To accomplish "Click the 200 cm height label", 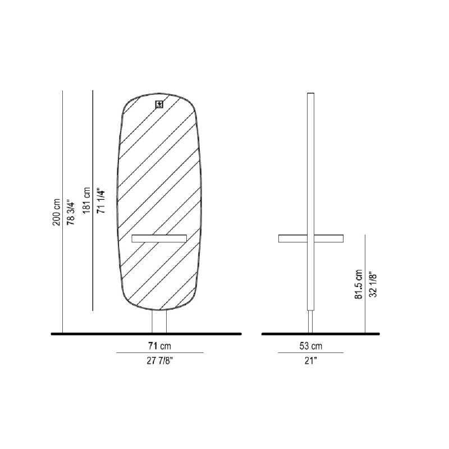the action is point(57,212).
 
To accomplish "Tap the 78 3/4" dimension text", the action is point(71,212).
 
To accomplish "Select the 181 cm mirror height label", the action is point(86,200).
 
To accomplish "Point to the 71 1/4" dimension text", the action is point(101,201).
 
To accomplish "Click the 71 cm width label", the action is point(159,346).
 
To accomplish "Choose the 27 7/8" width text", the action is point(160,360).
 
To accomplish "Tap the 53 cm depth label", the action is point(311,346).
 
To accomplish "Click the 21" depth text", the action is point(311,360).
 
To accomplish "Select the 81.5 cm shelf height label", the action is point(359,285).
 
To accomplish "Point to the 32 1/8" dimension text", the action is point(373,285).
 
